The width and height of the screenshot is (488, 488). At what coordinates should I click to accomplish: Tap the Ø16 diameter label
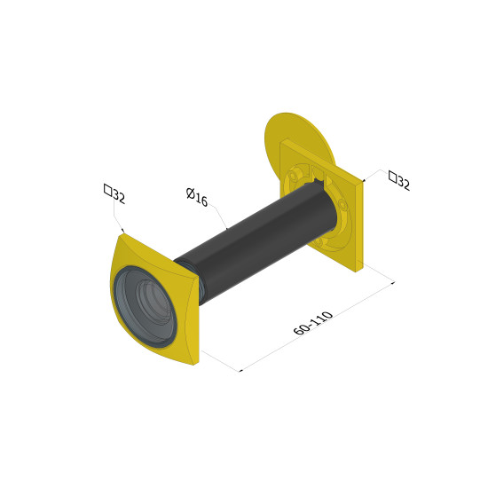pyautogui.click(x=197, y=197)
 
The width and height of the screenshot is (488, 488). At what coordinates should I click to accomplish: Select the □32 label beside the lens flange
pyautogui.click(x=114, y=193)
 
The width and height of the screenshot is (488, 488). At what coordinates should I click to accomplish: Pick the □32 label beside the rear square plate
pyautogui.click(x=399, y=180)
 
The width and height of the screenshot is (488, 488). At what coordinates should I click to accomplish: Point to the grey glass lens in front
pyautogui.click(x=145, y=306)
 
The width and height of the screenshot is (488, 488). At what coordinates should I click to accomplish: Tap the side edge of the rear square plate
pyautogui.click(x=359, y=227)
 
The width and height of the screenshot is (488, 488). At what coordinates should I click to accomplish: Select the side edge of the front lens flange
pyautogui.click(x=195, y=320)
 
